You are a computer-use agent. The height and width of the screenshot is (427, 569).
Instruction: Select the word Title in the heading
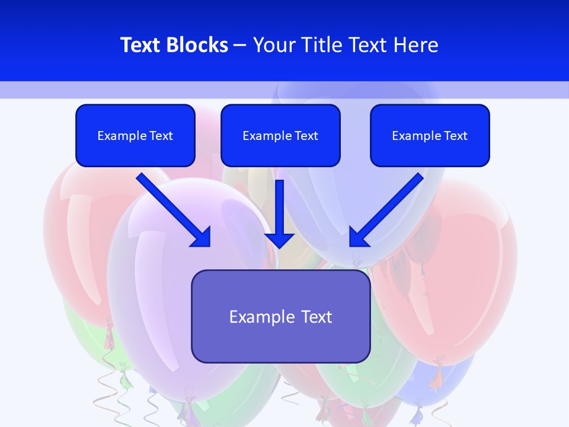323,45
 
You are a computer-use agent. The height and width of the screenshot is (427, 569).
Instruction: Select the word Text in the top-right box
455,136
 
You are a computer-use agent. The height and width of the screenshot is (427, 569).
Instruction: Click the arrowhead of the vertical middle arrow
280,240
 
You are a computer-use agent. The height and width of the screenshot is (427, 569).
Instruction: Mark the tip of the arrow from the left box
209,244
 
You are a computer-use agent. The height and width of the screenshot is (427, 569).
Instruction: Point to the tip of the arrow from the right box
351,244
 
